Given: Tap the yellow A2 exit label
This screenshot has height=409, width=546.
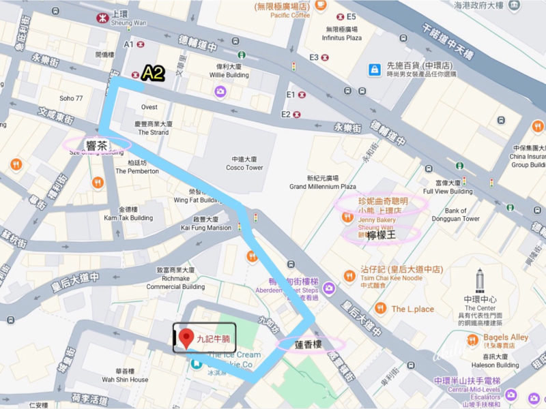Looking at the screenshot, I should (x=153, y=74).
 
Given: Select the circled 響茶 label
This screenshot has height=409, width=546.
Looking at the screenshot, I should (x=96, y=144).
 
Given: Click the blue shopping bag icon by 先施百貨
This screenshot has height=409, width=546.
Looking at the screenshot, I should (x=374, y=70).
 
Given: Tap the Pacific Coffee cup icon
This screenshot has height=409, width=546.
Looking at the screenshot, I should (x=321, y=6).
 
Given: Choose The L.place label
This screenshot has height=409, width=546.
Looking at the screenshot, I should (x=412, y=309).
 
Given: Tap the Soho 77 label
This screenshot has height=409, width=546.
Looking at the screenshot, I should (x=71, y=98).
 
